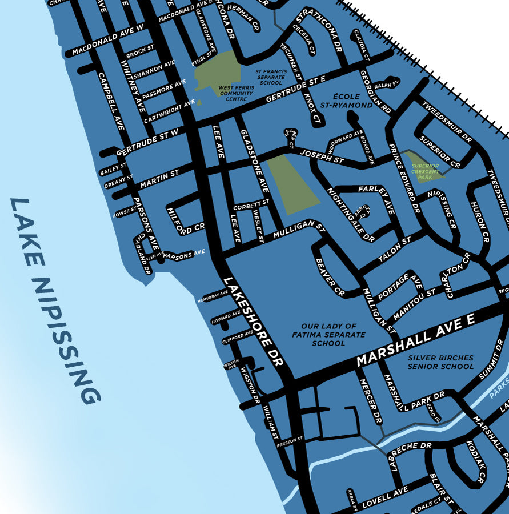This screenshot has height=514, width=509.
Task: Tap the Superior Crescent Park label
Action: (425, 171)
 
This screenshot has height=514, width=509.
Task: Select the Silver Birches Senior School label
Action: (440, 362)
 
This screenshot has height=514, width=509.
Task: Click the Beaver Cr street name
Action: (330, 278)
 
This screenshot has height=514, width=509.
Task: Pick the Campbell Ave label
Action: (111, 101)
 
